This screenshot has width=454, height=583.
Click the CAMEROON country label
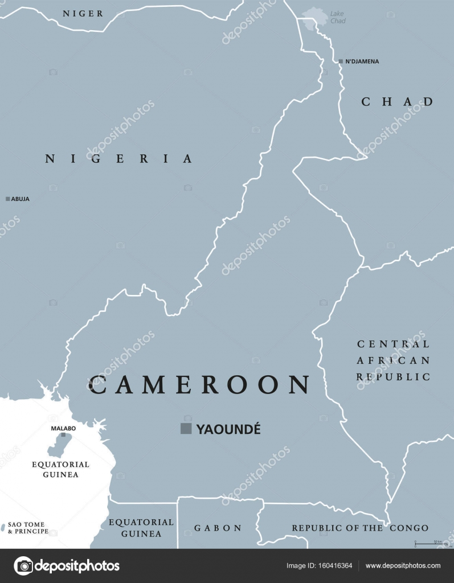[199, 385]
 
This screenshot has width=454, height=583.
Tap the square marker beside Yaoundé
[186, 429]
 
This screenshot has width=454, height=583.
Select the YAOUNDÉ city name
[228, 429]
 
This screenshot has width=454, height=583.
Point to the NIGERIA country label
[119, 159]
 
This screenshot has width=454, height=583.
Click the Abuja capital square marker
[8, 199]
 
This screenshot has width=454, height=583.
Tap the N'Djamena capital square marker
[341, 61]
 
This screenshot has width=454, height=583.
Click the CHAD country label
[397, 102]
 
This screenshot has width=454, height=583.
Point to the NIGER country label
[83, 13]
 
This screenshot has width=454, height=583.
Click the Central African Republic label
[393, 360]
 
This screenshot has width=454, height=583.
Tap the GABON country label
[218, 528]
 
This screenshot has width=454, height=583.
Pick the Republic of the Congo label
[360, 528]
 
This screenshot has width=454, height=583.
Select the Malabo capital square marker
[63, 435]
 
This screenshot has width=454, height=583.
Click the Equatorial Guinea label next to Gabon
[141, 528]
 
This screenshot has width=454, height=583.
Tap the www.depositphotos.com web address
[403, 565]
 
